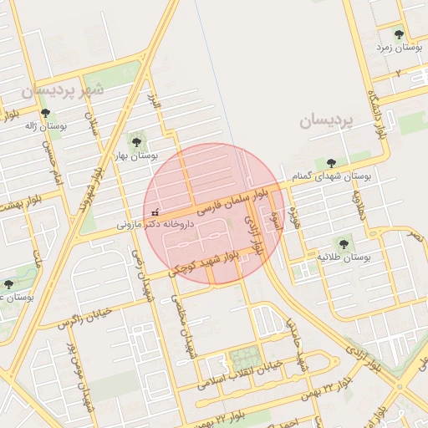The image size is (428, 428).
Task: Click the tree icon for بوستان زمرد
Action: [398, 34]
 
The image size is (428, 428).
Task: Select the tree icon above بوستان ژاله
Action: [45, 113]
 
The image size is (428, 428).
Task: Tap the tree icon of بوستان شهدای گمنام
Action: [332, 162]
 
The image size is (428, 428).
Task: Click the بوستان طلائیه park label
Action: [344, 256]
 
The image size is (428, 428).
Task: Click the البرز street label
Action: [153, 104]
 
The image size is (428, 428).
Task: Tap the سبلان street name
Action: [92, 131]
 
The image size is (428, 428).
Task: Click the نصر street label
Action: [415, 237]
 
